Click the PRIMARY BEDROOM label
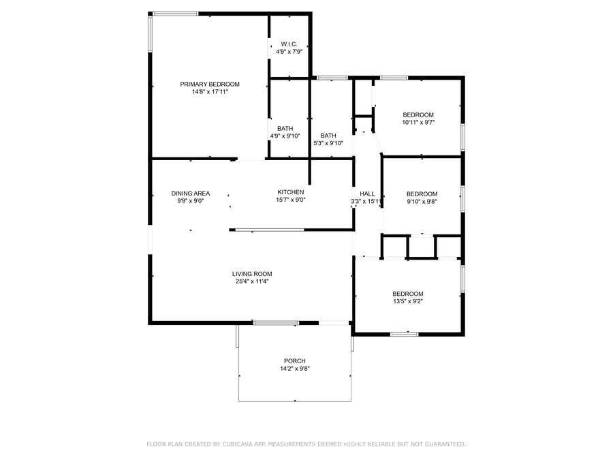click(x=210, y=84)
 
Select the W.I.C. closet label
click(x=289, y=44)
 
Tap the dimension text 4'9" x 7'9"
click(x=289, y=51)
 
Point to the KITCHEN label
click(x=291, y=192)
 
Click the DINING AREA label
click(x=191, y=194)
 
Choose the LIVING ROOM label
click(x=253, y=273)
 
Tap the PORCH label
click(x=295, y=361)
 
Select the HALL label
click(x=367, y=194)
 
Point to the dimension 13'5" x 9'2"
click(x=407, y=301)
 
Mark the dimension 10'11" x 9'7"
click(x=418, y=123)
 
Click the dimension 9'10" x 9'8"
click(x=422, y=202)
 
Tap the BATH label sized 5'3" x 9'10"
click(x=328, y=135)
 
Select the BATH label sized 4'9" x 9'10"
click(x=285, y=128)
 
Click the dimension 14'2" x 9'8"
click(x=295, y=369)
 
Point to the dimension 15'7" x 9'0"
click(x=291, y=200)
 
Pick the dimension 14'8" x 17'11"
click(x=210, y=92)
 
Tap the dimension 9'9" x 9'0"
click(x=191, y=201)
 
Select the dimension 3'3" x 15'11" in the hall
click(x=367, y=202)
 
